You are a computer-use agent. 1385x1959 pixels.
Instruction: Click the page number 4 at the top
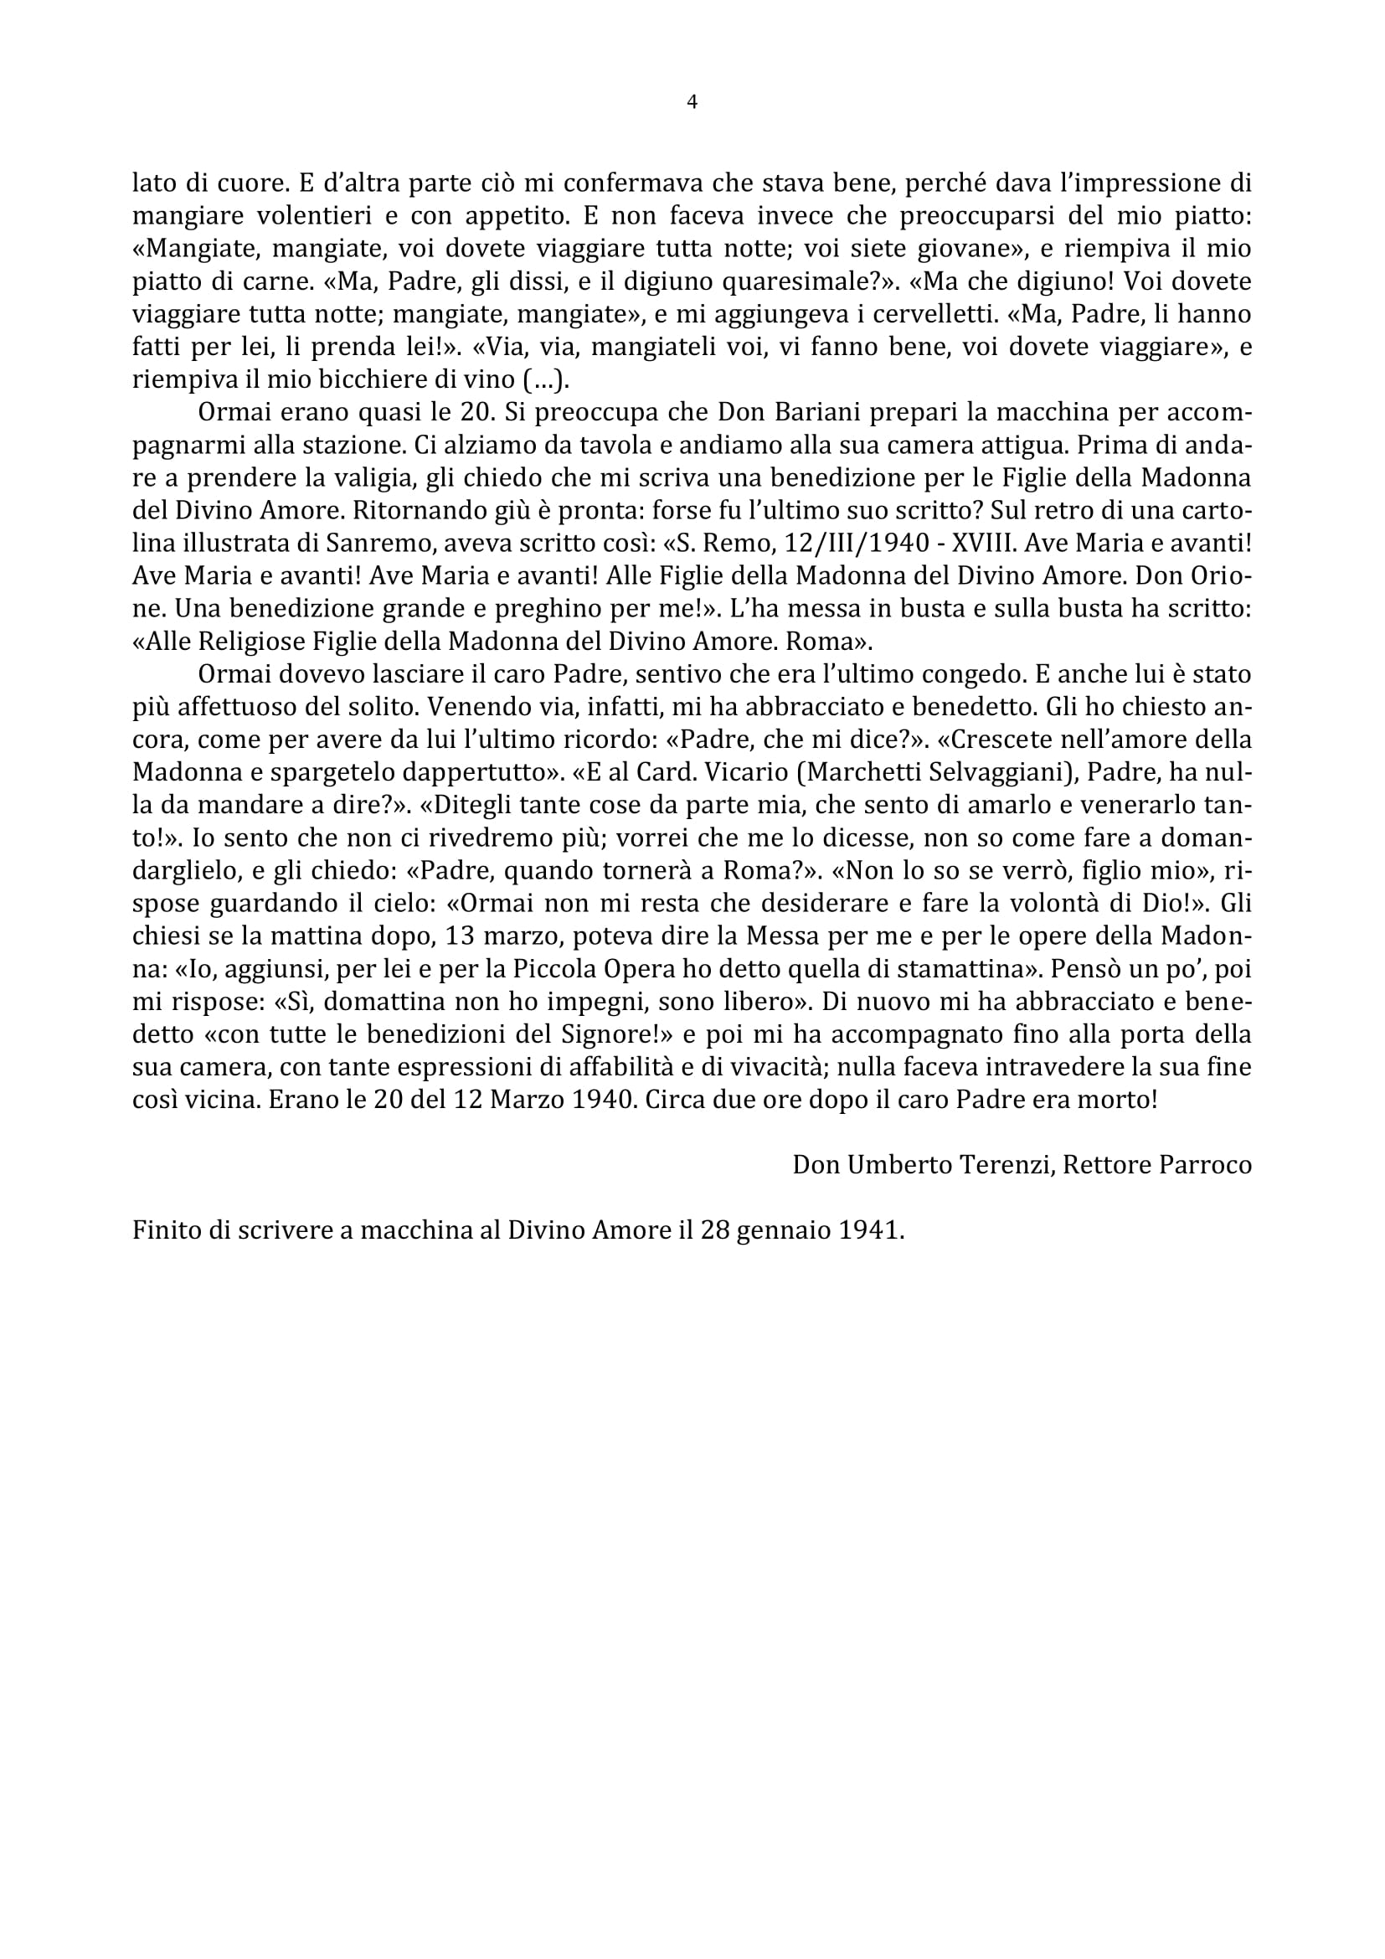692,102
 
